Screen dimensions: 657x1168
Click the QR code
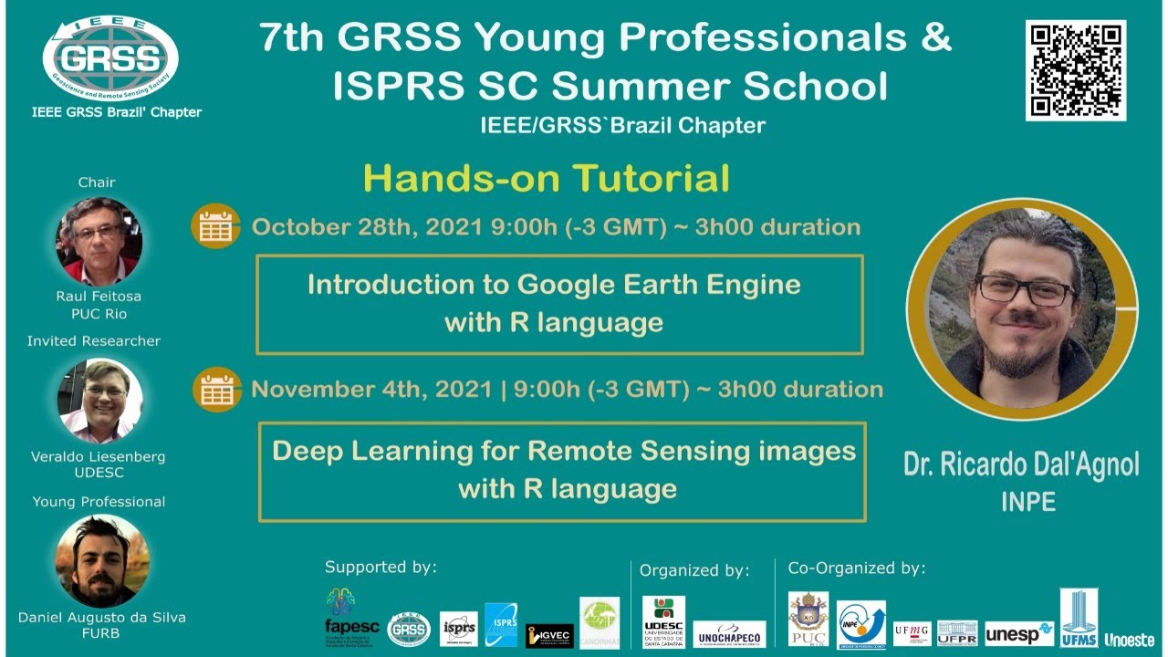[1076, 69]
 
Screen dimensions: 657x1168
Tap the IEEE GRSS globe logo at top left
[109, 58]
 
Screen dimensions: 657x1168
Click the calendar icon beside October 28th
[216, 226]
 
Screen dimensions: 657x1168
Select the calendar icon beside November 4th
[216, 390]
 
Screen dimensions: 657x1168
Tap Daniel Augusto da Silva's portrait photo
[102, 561]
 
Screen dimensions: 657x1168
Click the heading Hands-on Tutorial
[547, 179]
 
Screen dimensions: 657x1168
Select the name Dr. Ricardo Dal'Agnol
[1021, 464]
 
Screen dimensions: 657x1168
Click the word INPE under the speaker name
[1027, 502]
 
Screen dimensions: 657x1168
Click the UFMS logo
[1079, 618]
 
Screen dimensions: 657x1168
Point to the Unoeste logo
[1129, 640]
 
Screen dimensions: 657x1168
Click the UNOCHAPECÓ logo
[729, 633]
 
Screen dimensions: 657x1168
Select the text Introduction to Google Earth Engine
[554, 285]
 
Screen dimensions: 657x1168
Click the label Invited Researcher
[94, 341]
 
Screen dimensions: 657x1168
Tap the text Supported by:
[381, 568]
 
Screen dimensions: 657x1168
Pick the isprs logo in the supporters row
[458, 629]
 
